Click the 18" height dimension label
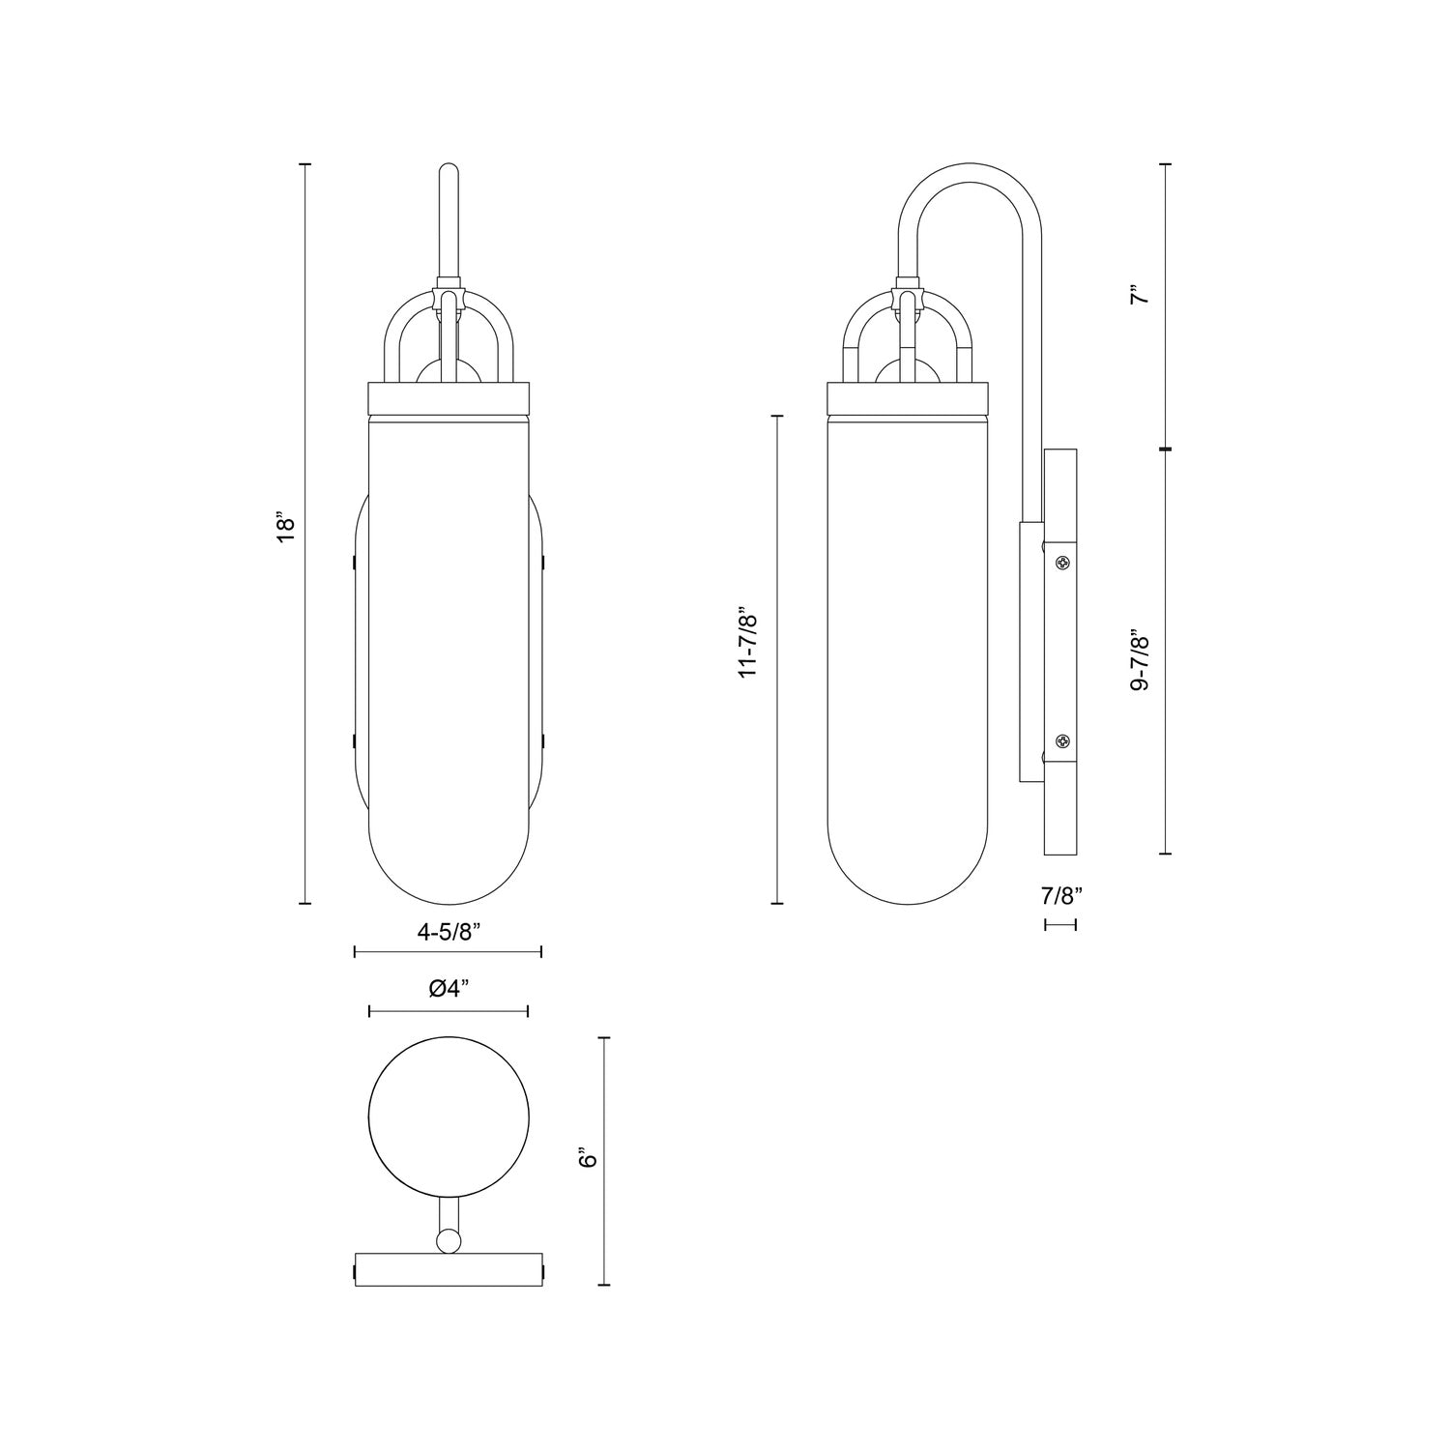click(x=284, y=529)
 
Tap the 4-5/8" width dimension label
click(x=449, y=932)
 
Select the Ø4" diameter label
click(x=449, y=988)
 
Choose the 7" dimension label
click(x=1142, y=294)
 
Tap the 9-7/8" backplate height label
click(x=1142, y=661)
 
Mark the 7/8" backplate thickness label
click(x=1060, y=895)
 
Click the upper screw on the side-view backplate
click(x=1062, y=563)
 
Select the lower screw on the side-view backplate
click(x=1062, y=741)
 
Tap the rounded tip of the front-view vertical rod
click(x=449, y=172)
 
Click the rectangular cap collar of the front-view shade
click(x=449, y=396)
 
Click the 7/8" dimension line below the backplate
click(x=1060, y=925)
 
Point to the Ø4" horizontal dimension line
click(x=449, y=1012)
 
